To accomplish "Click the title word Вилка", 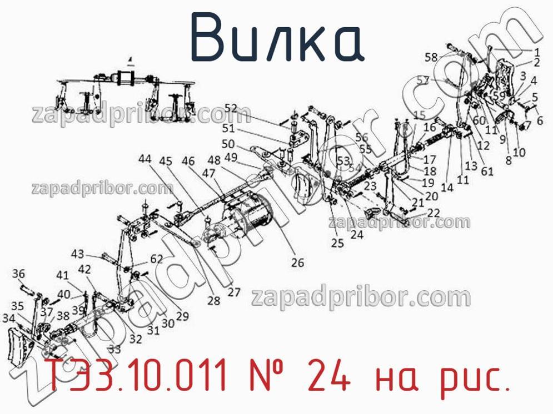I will [x=277, y=38].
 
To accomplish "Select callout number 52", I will [x=231, y=108].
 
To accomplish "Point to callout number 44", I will [x=145, y=159].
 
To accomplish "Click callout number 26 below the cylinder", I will [x=298, y=262].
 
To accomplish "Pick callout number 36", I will [x=18, y=273].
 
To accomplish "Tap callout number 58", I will [x=431, y=56].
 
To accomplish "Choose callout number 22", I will [x=434, y=213].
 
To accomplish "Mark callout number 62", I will [x=156, y=258].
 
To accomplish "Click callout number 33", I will [x=114, y=350].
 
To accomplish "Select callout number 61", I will [x=487, y=171].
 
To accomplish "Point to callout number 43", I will [x=77, y=254].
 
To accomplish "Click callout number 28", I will [x=214, y=301].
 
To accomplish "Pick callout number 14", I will [x=447, y=188].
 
